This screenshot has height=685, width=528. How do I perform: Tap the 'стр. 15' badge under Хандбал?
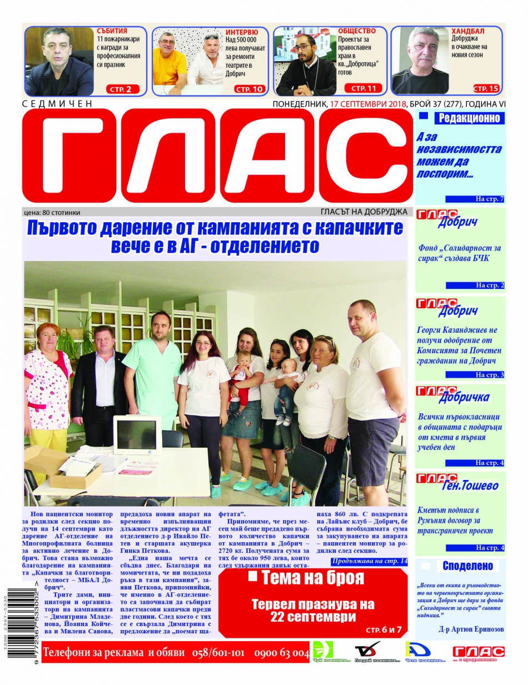point(486,88)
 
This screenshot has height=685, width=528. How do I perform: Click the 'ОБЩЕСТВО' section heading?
point(357,31)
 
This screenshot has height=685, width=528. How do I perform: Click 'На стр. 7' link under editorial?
point(489,198)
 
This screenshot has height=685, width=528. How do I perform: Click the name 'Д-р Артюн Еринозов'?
point(467,629)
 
